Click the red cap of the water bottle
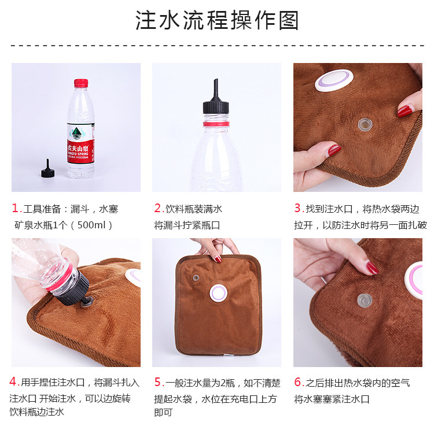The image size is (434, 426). pos(81,83)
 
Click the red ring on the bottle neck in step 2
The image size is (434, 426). pos(216,124)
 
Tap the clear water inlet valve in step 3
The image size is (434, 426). pos(365,125)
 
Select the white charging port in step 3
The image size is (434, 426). pos(334,80)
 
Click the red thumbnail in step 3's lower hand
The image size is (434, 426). pos(334,150)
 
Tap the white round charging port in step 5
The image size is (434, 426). pos(218,293)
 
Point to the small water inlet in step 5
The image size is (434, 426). pos(196,277)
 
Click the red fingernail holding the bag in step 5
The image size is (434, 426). pos(218,260)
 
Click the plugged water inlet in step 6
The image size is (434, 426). pos(365,301)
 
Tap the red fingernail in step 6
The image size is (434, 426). pos(372,268)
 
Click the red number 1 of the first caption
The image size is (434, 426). pos(15,208)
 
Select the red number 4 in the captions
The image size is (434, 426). pos(13,381)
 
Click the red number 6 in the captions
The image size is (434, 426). pos(297,382)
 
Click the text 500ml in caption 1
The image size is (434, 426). pos(91,225)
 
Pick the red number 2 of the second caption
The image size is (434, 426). pos(157,208)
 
